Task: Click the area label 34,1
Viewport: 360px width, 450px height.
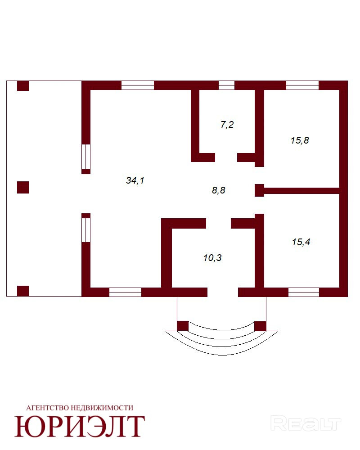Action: point(135,180)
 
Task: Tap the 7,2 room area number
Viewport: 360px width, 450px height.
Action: point(227,125)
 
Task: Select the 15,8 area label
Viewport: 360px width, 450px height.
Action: point(300,140)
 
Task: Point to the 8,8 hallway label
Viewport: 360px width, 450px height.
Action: point(218,190)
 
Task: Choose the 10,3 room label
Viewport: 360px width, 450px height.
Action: point(212,258)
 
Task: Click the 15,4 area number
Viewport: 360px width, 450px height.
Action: point(301,242)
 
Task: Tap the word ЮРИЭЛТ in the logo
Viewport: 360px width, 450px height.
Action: point(80,426)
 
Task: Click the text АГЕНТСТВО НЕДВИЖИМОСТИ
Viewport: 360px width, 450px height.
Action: point(80,408)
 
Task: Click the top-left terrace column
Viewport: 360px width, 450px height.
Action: point(23,85)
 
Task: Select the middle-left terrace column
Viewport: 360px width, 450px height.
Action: point(23,187)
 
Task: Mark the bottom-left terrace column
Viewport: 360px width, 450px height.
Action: point(23,291)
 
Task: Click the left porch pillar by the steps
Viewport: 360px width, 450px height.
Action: point(182,326)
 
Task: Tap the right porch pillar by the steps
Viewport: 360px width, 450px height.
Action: point(260,326)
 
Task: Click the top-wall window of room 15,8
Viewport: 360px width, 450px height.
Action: point(302,85)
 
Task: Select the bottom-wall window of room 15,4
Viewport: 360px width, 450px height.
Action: point(304,292)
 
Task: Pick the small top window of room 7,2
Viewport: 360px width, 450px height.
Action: point(227,85)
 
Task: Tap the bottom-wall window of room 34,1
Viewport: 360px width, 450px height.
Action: point(125,292)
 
